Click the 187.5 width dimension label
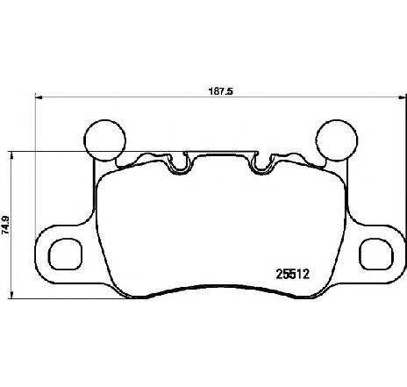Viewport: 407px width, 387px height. [208, 90]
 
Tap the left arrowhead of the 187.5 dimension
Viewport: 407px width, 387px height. [38, 97]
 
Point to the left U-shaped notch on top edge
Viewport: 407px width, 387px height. [181, 163]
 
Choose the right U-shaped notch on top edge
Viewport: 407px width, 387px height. [260, 163]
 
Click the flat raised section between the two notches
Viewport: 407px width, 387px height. [220, 155]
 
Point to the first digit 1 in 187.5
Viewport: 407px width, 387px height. [197, 90]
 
